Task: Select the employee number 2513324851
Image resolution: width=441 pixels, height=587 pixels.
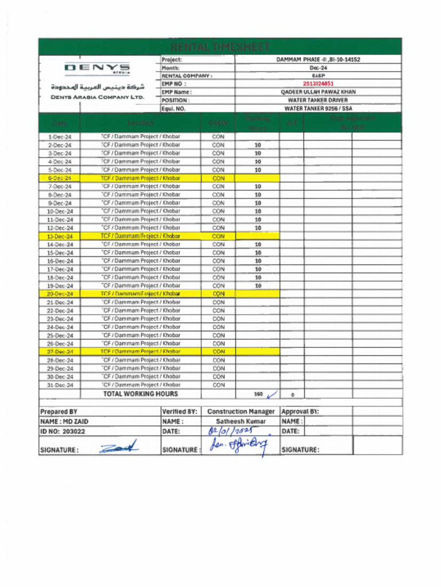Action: (x=318, y=84)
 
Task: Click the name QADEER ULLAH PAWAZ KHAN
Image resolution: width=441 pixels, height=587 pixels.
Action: (x=318, y=92)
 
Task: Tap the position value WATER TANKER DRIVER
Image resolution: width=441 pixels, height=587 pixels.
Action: (x=318, y=100)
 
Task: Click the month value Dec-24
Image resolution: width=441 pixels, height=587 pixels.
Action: (x=318, y=68)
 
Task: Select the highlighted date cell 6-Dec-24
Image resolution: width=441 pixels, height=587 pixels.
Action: (x=60, y=178)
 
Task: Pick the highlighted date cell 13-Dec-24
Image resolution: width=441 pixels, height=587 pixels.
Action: (x=60, y=236)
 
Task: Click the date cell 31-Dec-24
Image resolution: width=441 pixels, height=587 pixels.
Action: (x=60, y=385)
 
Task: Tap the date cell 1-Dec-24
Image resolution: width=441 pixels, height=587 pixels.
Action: (x=60, y=137)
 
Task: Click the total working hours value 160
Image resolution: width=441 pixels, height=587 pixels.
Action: (x=258, y=394)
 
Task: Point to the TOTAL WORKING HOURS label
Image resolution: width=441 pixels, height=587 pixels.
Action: (x=140, y=394)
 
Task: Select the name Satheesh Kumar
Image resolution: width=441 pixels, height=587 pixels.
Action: (x=241, y=421)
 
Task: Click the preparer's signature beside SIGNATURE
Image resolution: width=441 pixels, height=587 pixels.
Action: (x=118, y=448)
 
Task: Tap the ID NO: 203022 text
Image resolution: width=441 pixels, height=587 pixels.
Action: (x=63, y=431)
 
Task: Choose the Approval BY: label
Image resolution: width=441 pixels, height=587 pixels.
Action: (x=300, y=412)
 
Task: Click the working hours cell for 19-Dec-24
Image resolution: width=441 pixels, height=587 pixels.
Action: (x=258, y=285)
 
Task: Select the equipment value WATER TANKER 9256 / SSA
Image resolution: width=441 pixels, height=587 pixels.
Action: (x=318, y=108)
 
